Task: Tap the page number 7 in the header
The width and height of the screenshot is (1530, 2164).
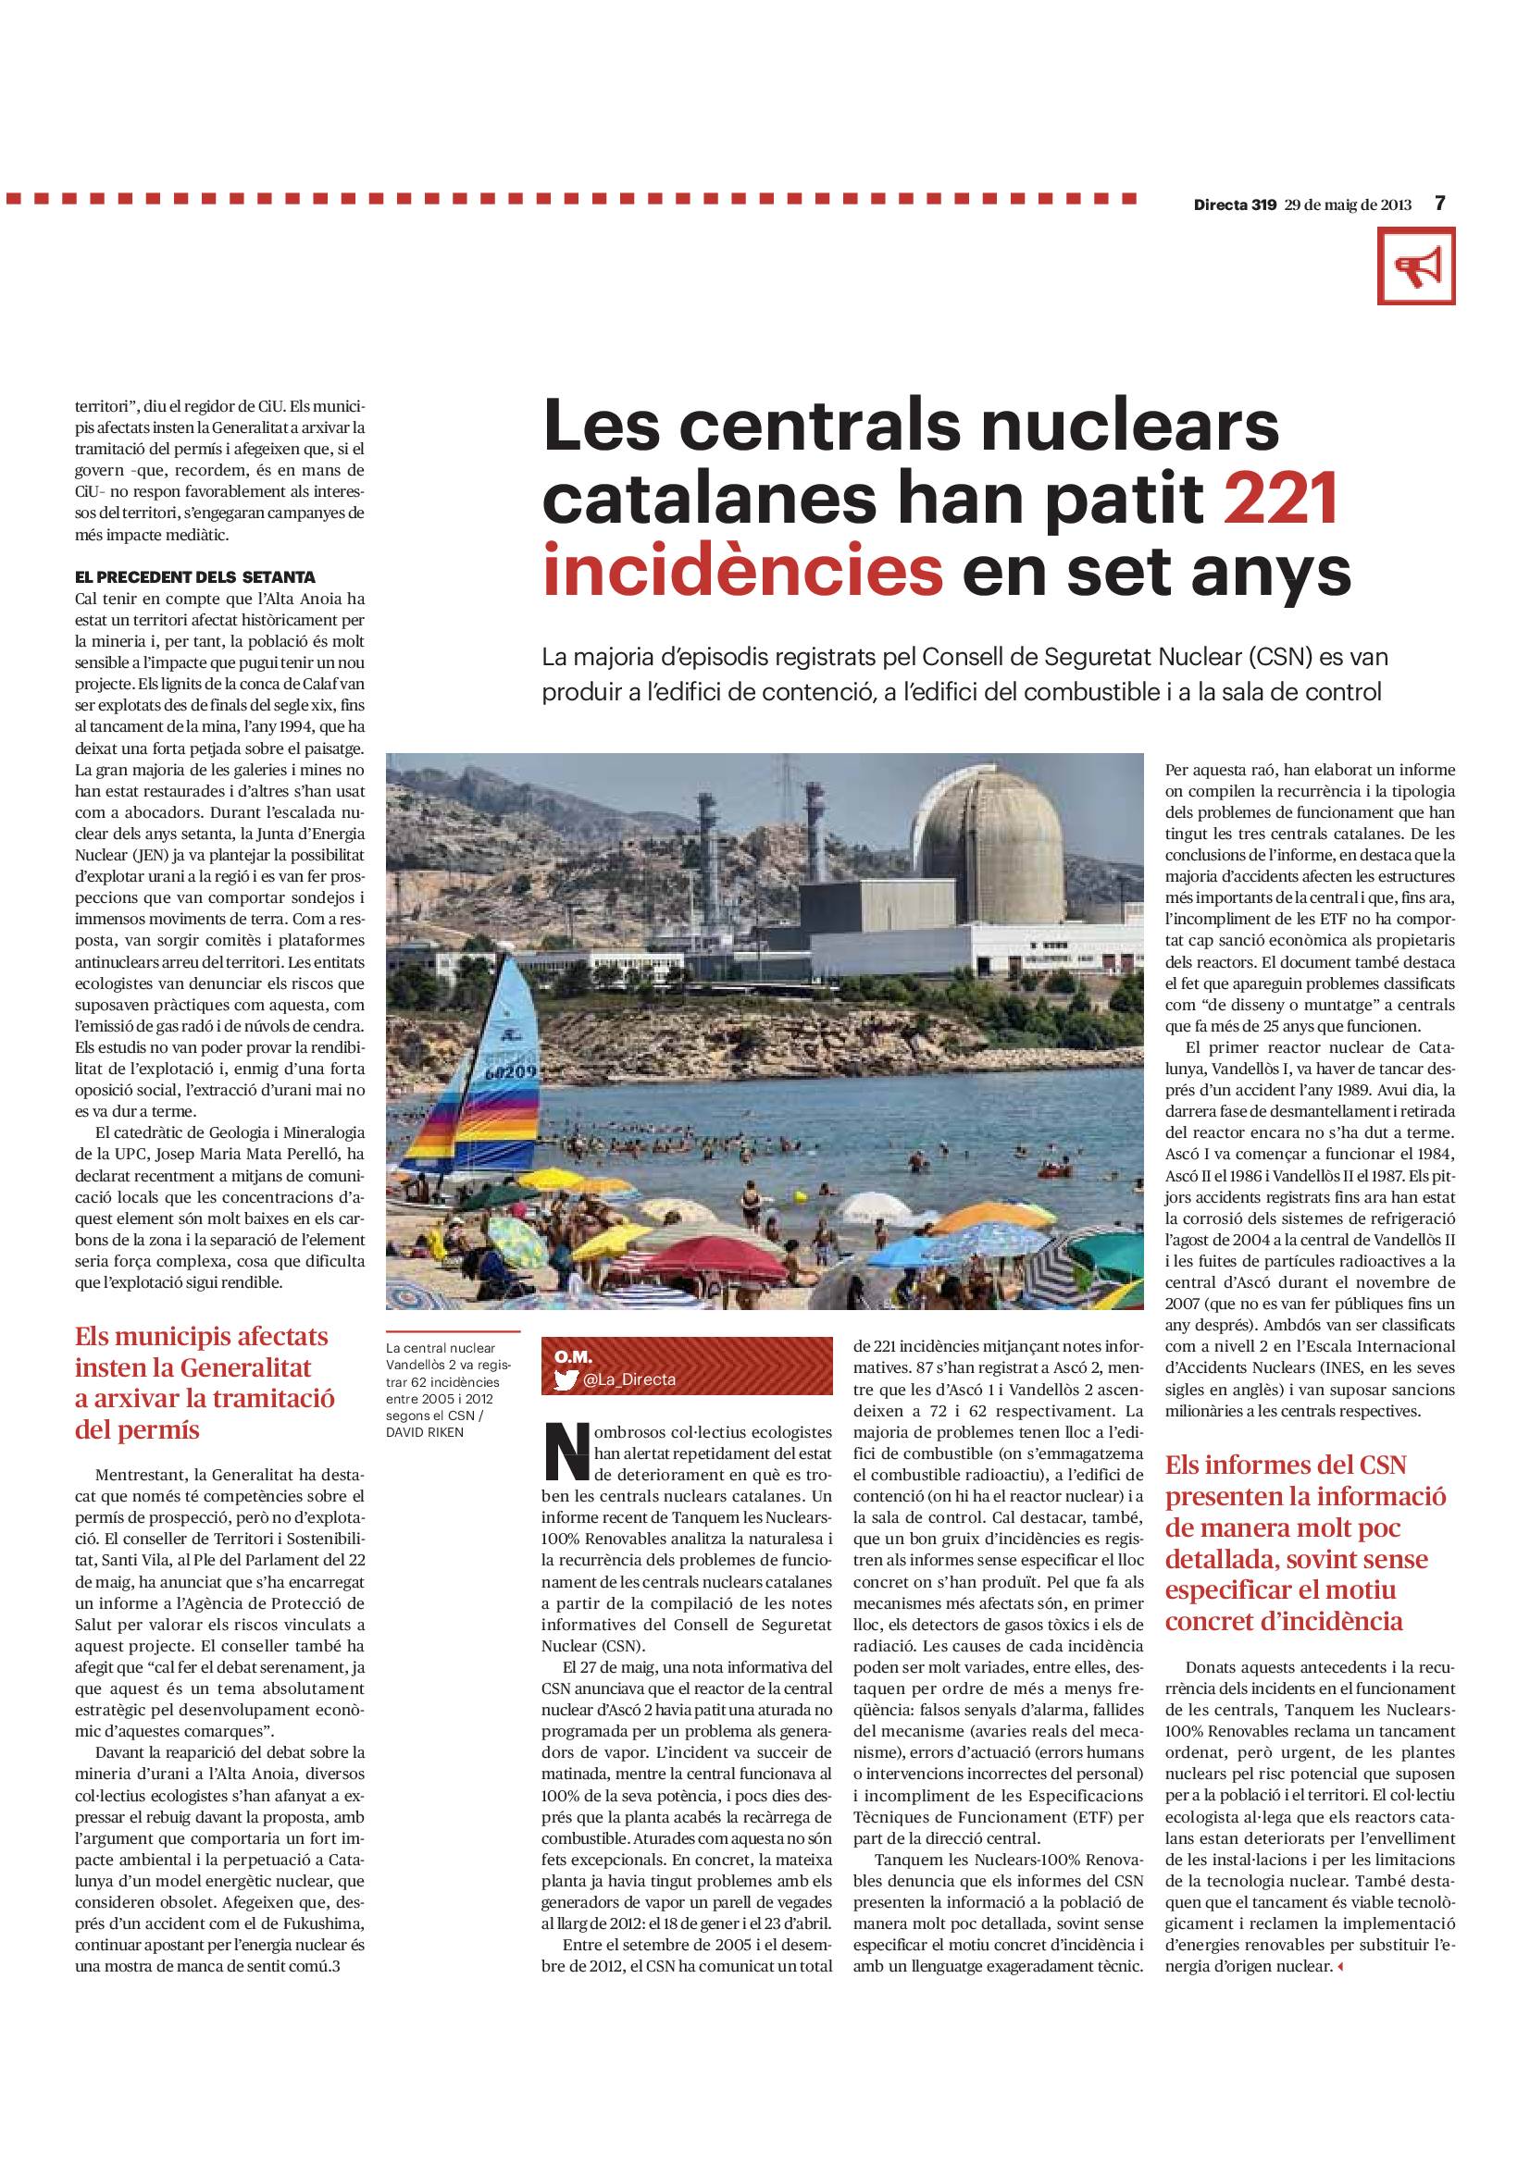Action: pos(1439,204)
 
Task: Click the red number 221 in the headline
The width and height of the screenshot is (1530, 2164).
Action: pos(1280,498)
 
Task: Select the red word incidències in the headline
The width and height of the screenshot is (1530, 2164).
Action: pos(743,570)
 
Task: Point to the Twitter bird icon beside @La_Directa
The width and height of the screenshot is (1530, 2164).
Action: pos(566,1379)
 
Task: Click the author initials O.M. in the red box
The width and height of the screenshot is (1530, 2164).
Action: pos(573,1356)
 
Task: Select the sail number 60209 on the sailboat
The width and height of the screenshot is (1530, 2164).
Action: pos(511,1071)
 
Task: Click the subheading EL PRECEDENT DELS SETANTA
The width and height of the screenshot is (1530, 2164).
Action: pos(195,576)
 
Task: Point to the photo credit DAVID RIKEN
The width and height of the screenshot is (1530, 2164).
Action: pos(424,1432)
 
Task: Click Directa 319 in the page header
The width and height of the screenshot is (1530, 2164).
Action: pos(1234,204)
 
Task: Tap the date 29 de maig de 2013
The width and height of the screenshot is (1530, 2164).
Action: pos(1347,204)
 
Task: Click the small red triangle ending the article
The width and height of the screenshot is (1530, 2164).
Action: pos(1340,1967)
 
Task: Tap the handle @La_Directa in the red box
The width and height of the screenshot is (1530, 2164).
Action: pos(628,1379)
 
